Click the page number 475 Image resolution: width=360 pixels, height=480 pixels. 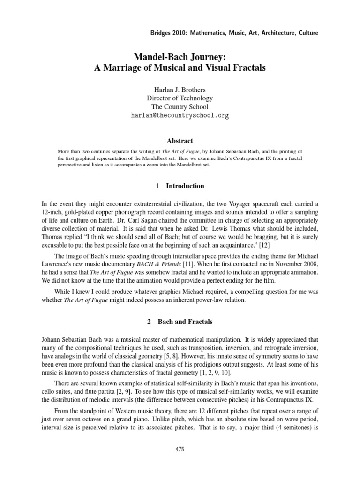(180, 449)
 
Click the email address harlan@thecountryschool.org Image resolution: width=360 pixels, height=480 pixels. (180, 115)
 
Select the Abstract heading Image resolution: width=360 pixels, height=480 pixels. (180, 141)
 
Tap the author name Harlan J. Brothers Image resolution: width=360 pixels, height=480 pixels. (180, 90)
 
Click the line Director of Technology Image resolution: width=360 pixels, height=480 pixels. (180, 98)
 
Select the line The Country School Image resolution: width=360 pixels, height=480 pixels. (180, 106)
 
